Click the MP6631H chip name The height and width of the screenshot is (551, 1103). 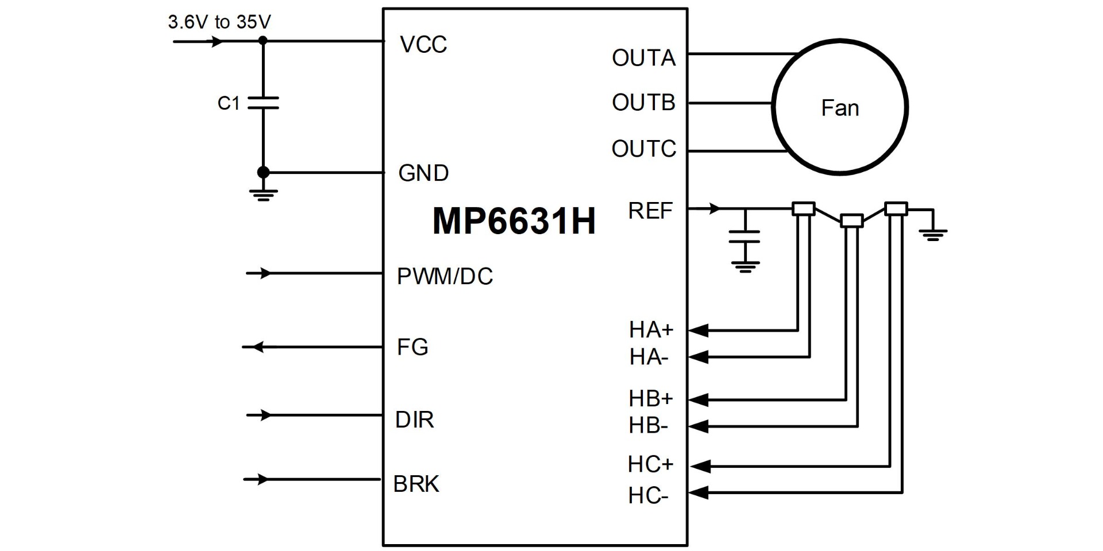point(514,221)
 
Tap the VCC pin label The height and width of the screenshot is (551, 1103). point(423,45)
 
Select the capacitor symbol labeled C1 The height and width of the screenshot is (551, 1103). point(263,103)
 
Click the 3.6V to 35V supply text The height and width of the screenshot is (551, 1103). point(219,22)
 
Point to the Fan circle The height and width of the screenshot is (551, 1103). point(839,107)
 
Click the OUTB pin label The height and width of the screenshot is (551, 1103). point(643,103)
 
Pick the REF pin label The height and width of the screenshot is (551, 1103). point(650,211)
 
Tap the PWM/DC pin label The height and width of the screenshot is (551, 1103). point(445,277)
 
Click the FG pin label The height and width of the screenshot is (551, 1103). point(412,347)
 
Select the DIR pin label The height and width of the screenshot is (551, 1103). point(414,420)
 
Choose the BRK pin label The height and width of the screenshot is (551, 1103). point(416,484)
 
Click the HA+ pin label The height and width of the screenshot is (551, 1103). point(650,330)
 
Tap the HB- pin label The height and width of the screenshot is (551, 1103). point(648,426)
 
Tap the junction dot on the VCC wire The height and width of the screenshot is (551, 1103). point(263,41)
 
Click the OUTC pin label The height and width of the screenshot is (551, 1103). point(643,149)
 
